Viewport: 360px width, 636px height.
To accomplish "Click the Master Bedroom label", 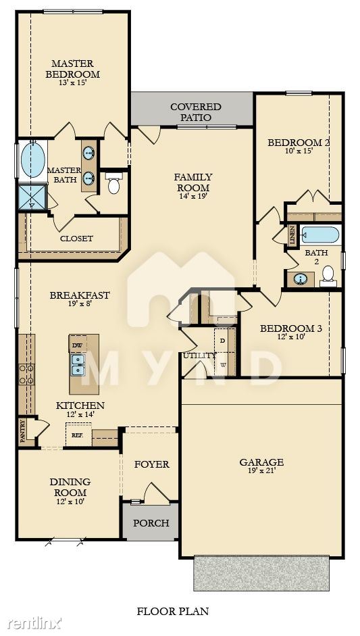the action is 72,69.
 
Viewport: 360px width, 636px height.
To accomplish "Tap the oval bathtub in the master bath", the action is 32,160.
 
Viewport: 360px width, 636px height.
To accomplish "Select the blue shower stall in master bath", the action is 32,197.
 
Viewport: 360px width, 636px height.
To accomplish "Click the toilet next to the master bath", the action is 113,183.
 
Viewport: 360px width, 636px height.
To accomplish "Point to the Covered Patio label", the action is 196,112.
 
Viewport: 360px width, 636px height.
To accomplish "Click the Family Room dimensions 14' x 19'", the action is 193,196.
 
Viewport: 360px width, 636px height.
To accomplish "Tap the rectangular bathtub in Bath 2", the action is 320,235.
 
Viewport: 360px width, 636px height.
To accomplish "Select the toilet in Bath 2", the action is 328,275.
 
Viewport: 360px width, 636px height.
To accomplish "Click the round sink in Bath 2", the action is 301,278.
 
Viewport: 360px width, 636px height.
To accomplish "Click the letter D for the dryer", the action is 222,341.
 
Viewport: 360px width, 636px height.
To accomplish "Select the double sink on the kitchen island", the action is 78,364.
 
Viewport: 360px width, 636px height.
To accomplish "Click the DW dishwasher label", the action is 78,345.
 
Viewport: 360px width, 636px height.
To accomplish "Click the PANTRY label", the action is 22,431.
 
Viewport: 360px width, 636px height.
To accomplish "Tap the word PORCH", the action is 151,523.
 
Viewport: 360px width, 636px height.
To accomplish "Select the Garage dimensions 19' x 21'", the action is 261,470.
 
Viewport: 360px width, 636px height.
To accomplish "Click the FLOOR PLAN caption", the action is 173,611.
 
